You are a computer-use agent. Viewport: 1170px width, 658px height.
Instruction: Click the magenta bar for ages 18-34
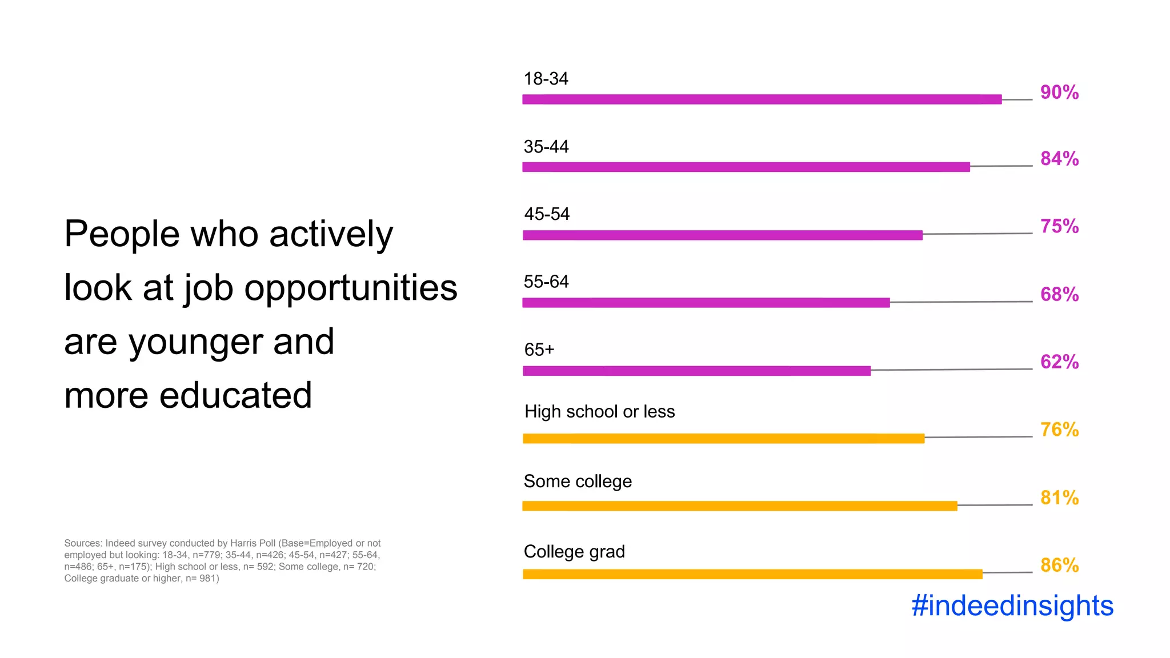point(762,99)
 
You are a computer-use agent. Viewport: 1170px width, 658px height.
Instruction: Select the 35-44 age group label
point(546,147)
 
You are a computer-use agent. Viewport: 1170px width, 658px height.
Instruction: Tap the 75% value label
point(1059,226)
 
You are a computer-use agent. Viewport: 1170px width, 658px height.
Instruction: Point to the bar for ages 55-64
point(706,303)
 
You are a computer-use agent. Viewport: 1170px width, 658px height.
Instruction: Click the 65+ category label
point(539,350)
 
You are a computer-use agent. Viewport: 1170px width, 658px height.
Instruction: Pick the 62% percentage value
point(1059,362)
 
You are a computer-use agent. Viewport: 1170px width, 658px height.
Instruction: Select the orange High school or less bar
point(723,439)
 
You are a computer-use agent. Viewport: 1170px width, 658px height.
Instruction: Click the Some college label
point(578,482)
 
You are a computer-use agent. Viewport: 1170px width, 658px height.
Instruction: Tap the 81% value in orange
point(1059,497)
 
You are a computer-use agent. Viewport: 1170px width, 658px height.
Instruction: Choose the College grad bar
point(752,574)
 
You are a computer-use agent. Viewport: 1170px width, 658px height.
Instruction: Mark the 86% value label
point(1059,565)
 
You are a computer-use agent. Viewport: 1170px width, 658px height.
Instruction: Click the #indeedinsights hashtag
point(1012,605)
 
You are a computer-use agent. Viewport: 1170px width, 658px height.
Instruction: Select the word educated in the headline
point(235,395)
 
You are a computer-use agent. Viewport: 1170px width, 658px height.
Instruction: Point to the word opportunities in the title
point(351,288)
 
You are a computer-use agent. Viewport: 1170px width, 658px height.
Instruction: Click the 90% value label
point(1059,93)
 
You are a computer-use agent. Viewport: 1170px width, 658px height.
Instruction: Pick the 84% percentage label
point(1059,159)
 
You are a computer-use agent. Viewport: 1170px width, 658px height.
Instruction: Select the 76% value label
point(1059,430)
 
